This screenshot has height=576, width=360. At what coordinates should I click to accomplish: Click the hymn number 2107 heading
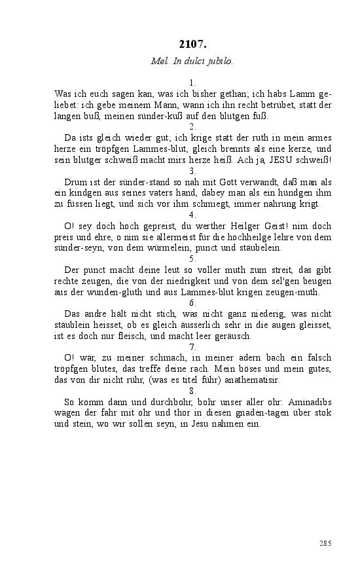pyautogui.click(x=192, y=45)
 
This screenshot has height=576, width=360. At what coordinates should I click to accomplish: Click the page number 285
pyautogui.click(x=326, y=543)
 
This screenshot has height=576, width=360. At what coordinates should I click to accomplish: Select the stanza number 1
pyautogui.click(x=192, y=83)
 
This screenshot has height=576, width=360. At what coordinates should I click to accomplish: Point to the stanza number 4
pyautogui.click(x=192, y=215)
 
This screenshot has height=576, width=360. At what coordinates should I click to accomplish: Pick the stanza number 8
pyautogui.click(x=192, y=391)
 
